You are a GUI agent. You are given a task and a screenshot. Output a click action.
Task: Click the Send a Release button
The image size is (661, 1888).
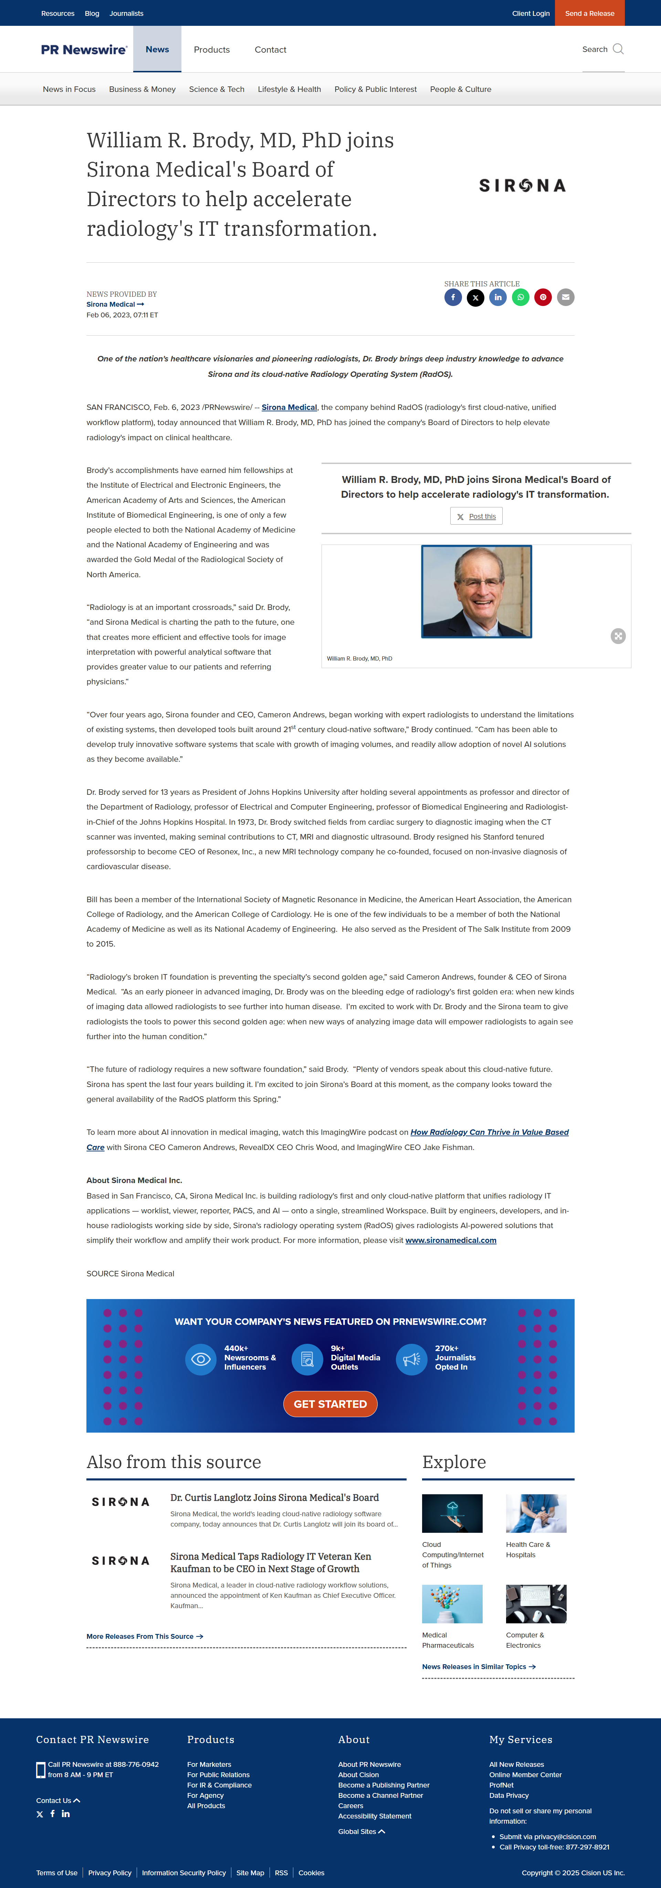tap(589, 13)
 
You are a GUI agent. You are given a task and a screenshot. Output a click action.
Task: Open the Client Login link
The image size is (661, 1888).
tap(531, 13)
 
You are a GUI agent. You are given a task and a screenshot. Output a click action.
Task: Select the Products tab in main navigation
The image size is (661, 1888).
tap(212, 50)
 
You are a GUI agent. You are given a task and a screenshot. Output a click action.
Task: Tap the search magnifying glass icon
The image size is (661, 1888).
tap(618, 49)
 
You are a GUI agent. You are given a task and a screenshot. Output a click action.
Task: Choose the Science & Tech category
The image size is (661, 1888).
tap(216, 89)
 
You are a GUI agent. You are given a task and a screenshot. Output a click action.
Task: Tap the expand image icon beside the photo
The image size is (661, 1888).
tap(618, 636)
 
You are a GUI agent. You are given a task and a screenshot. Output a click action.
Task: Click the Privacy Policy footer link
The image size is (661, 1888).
tap(110, 1873)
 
